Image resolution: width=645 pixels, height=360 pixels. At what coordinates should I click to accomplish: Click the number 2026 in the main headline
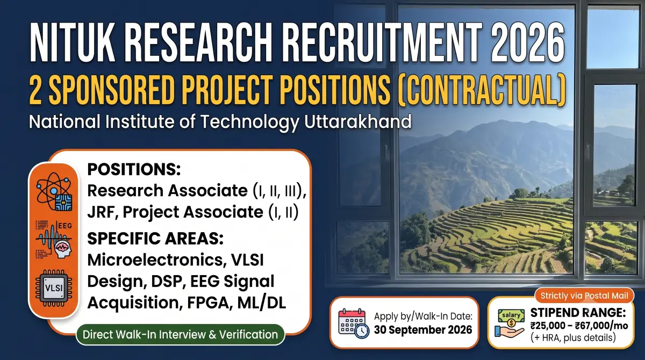[x=527, y=42]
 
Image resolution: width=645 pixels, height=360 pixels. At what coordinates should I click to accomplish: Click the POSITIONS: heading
[x=134, y=169]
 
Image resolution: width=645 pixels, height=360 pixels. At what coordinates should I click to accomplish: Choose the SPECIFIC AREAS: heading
[x=155, y=239]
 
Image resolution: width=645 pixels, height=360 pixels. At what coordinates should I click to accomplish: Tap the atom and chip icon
[x=54, y=191]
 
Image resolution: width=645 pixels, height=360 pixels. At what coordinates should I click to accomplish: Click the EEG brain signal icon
[x=54, y=240]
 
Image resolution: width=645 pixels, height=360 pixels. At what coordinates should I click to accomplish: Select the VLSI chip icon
[x=54, y=288]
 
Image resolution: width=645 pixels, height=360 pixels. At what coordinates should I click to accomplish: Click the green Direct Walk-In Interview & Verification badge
[x=180, y=334]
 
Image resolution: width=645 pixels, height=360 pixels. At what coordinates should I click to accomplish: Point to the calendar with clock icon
[x=354, y=323]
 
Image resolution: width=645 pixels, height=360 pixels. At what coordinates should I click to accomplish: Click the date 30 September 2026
[x=423, y=330]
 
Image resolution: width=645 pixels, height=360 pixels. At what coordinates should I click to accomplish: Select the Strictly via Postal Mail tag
[x=584, y=296]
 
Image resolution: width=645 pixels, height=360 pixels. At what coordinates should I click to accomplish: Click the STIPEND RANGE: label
[x=578, y=313]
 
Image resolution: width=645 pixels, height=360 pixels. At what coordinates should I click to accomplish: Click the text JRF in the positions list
[x=101, y=212]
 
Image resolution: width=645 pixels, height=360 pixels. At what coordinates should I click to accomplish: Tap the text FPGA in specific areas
[x=210, y=303]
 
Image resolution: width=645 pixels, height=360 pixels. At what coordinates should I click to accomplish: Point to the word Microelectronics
[x=155, y=260]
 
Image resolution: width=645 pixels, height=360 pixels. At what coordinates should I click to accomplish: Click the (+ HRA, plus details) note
[x=573, y=337]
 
